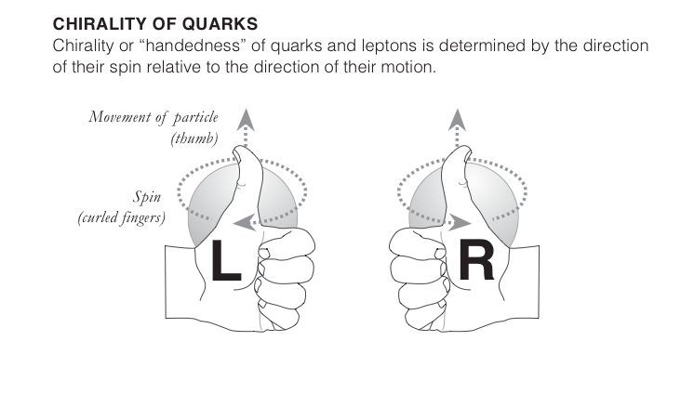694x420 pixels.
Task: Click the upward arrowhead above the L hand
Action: tap(245, 117)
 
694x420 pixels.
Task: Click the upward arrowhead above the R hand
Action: tap(457, 117)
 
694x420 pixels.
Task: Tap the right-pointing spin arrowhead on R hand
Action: tap(459, 223)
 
